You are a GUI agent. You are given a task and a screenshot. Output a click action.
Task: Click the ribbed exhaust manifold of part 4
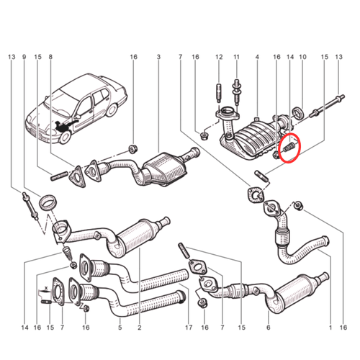(x=252, y=137)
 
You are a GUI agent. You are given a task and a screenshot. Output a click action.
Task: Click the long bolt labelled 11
(x=236, y=90)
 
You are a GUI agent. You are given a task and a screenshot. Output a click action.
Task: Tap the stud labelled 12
(x=217, y=94)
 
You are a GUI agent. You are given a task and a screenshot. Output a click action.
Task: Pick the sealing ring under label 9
(x=48, y=201)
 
